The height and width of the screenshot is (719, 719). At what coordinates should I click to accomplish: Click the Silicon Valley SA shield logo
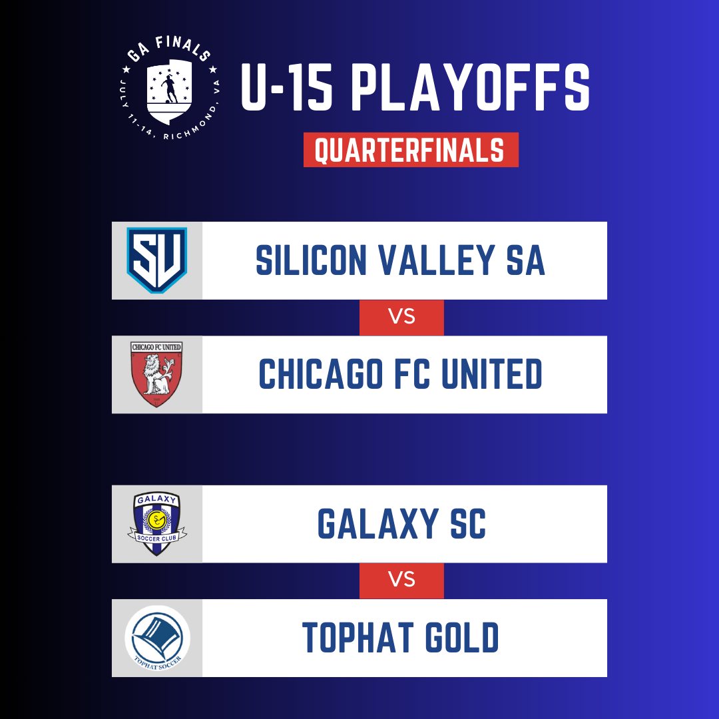(157, 260)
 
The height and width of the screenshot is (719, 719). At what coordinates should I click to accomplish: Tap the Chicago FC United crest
(156, 374)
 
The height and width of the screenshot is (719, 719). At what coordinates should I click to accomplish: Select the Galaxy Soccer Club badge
(157, 524)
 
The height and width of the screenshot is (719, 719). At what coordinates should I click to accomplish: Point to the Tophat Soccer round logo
(157, 638)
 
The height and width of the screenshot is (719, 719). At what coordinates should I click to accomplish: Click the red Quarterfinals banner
(411, 150)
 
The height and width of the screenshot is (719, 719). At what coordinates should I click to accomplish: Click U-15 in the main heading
(286, 87)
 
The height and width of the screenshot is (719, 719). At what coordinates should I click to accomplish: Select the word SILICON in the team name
(311, 260)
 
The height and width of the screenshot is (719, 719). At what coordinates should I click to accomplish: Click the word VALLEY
(437, 260)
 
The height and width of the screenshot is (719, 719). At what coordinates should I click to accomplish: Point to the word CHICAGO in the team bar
(321, 373)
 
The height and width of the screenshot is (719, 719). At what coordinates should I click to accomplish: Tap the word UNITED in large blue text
(491, 373)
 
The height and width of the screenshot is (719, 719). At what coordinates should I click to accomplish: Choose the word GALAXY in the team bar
(378, 524)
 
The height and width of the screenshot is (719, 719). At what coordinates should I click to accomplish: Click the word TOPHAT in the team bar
(358, 637)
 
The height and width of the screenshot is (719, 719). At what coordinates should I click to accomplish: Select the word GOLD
(462, 637)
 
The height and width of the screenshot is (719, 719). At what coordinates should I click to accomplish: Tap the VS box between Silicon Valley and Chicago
(401, 318)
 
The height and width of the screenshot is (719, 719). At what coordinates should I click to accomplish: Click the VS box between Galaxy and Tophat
(401, 580)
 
